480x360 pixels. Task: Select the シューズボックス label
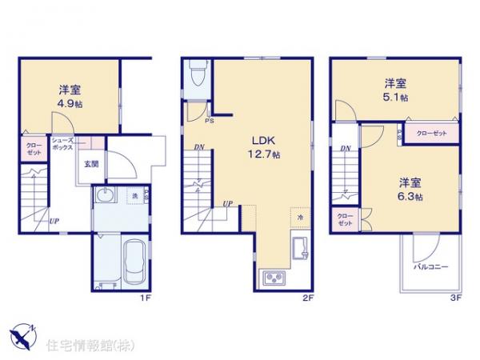(x=63, y=144)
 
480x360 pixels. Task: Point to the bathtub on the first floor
(x=134, y=262)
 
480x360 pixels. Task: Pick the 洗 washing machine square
(x=134, y=196)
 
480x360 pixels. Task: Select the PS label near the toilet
(x=209, y=122)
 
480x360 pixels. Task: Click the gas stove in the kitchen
(x=273, y=279)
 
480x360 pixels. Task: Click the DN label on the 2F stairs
(x=198, y=148)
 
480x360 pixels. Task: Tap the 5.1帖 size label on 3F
(x=395, y=97)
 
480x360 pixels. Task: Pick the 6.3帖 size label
(x=410, y=196)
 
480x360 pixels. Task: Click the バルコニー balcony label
(x=431, y=266)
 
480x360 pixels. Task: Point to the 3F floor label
(x=455, y=298)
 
